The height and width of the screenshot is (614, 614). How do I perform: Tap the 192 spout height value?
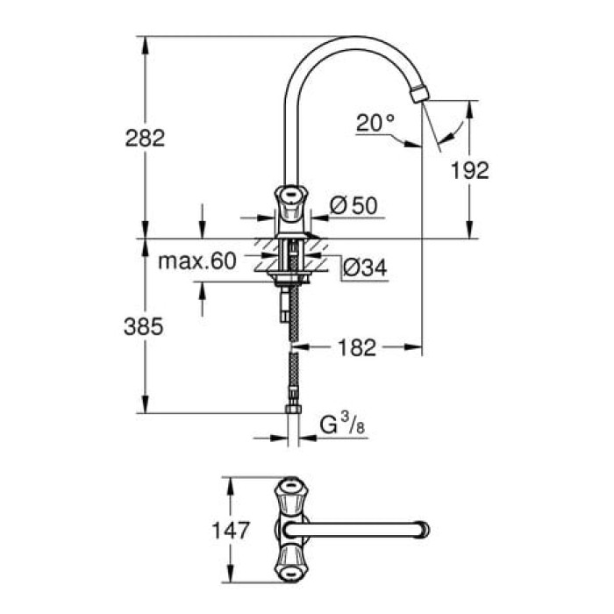470,170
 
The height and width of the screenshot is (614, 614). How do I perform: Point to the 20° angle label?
375,124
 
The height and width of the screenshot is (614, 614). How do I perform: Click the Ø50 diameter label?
353,205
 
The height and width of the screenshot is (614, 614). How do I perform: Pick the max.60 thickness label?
199,261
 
